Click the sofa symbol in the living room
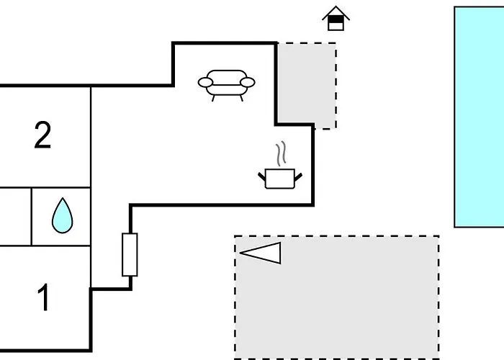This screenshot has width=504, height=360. [226, 85]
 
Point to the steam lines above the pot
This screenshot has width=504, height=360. [281, 153]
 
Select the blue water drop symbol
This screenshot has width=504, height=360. [63, 216]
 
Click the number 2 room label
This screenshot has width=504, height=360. [42, 135]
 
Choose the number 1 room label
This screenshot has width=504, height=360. [43, 297]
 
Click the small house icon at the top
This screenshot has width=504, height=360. [336, 18]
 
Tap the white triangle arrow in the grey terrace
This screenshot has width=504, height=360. [261, 253]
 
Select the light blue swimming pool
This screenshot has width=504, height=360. [479, 117]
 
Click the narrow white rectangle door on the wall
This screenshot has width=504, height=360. [130, 255]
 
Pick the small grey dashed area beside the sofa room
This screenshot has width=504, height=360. [307, 85]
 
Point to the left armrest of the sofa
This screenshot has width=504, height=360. [205, 83]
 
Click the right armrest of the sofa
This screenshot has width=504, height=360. [248, 83]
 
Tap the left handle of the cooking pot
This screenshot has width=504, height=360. [261, 176]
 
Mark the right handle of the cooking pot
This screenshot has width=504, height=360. [298, 176]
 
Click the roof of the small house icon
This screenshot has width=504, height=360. [336, 12]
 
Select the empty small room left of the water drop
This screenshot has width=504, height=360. [15, 216]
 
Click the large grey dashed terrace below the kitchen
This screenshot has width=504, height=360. [337, 297]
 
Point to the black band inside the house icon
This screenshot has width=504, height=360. [336, 19]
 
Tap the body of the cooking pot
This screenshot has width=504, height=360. [280, 179]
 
